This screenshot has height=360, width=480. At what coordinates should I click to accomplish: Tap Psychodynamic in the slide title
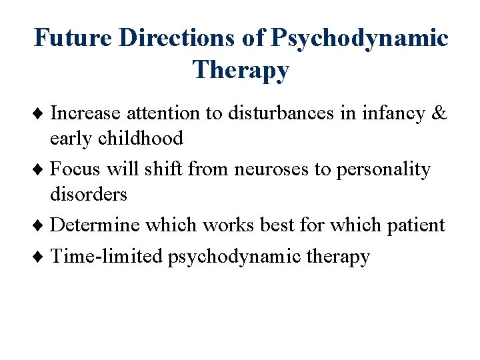coord(359,38)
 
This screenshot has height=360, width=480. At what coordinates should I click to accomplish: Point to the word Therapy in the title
coord(241,69)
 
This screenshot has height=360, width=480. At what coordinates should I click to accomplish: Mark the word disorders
coord(89,194)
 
